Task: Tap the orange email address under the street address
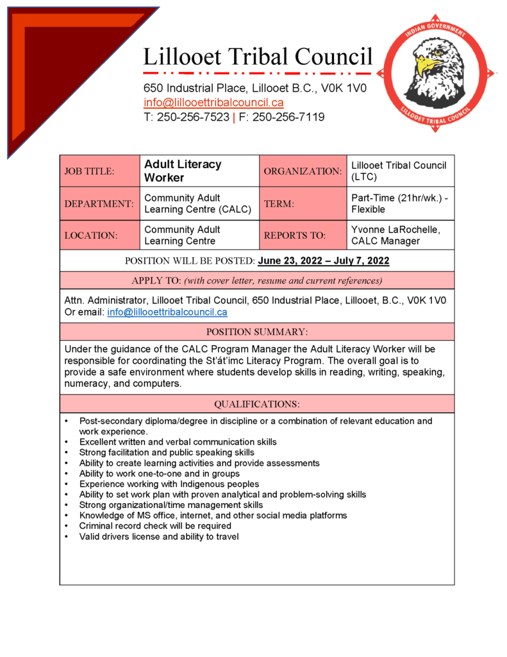click(x=213, y=103)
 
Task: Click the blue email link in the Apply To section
click(x=167, y=312)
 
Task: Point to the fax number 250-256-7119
click(x=288, y=117)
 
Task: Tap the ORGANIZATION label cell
click(x=303, y=171)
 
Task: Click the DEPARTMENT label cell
click(x=99, y=204)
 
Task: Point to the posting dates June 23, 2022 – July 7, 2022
click(x=323, y=260)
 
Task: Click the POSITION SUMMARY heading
click(x=256, y=332)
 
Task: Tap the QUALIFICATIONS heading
click(x=256, y=404)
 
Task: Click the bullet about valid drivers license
click(x=159, y=536)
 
